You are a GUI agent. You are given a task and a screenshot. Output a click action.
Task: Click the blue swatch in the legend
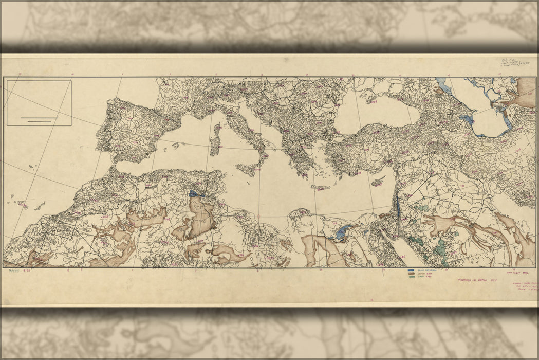click(x=411, y=271)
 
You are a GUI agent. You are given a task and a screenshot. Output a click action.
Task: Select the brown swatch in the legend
click(x=411, y=274)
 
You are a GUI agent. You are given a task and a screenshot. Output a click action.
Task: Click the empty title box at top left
click(x=39, y=103)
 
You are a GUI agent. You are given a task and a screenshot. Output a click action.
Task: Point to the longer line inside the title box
click(x=39, y=119)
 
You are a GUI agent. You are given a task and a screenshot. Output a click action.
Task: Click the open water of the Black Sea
click(x=385, y=111)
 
